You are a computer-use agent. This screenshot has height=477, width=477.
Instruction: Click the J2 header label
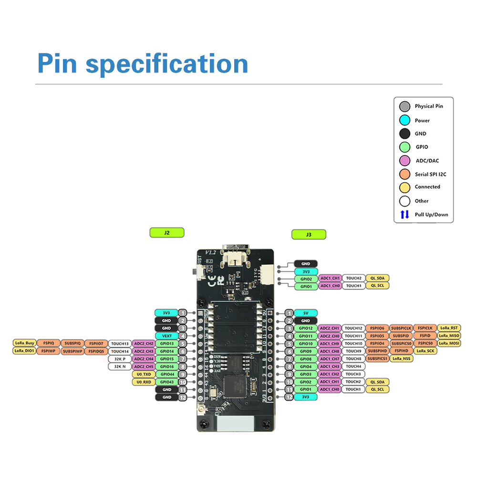point(166,233)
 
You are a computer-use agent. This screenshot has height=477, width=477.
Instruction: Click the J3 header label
point(309,234)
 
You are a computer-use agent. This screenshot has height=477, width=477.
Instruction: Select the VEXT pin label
point(166,336)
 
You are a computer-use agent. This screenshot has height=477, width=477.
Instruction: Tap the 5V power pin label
point(306,313)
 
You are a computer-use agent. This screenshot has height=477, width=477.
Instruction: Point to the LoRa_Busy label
point(24,343)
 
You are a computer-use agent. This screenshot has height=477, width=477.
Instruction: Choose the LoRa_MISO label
point(449,336)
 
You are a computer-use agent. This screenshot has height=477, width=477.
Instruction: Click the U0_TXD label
point(144,374)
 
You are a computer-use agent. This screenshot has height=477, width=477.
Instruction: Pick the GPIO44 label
point(166,374)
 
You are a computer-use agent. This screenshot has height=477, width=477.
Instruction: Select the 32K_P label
point(120,359)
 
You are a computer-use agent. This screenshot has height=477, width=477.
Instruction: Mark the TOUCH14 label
point(120,351)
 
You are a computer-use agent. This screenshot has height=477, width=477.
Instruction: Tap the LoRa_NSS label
point(401,359)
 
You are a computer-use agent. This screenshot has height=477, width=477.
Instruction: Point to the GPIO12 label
point(306,328)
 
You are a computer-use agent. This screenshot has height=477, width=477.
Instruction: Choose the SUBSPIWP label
point(73,351)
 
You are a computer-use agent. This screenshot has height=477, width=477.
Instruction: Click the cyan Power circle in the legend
point(404,121)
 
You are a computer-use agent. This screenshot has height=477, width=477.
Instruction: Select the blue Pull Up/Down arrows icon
point(404,215)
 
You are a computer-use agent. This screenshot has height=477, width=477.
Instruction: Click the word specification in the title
point(166,64)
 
